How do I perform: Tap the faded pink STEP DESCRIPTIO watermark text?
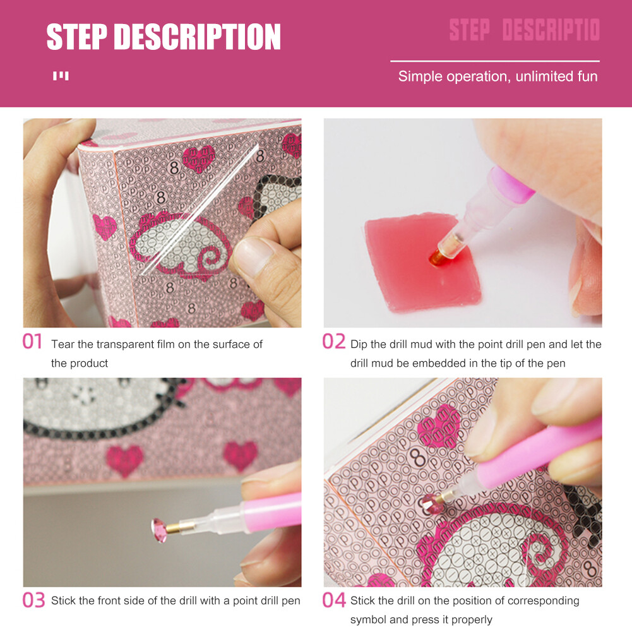point(524,30)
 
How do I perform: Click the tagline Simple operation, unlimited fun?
point(498,76)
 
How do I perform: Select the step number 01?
point(32,342)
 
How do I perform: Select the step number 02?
point(334,342)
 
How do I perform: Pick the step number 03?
point(33,600)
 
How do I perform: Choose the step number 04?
point(334,600)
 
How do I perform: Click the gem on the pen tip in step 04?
point(433,503)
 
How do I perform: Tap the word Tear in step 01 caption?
point(63,344)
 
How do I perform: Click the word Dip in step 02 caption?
point(359,344)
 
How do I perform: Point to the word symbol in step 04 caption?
point(368,619)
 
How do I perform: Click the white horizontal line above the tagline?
point(494,61)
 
